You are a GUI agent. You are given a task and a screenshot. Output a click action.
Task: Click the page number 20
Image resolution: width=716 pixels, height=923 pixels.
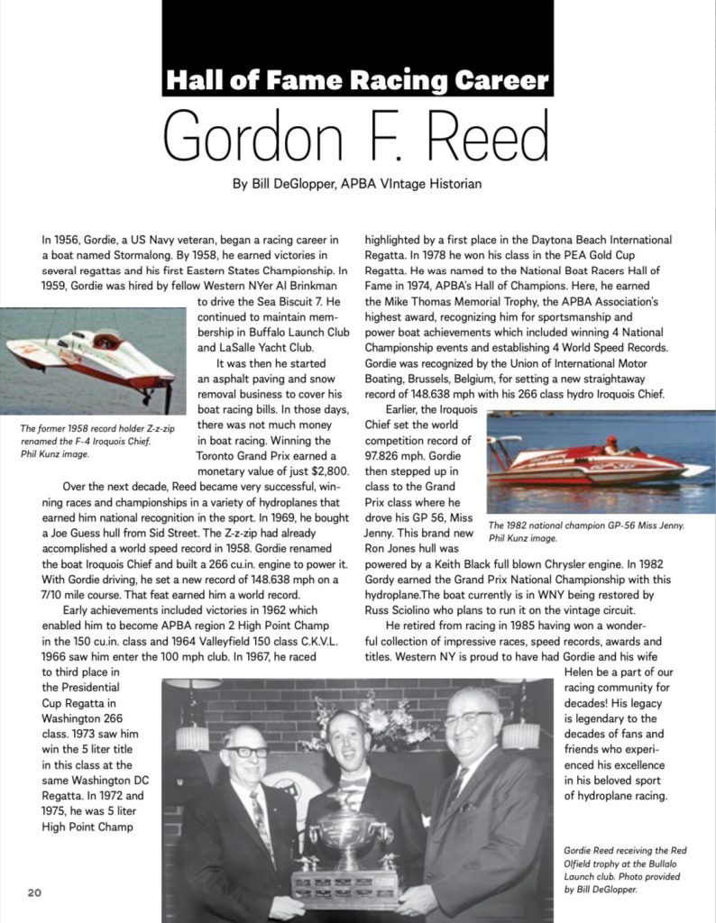tap(34, 892)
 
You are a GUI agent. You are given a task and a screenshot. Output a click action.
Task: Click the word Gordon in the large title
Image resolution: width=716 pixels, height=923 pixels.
tap(269, 136)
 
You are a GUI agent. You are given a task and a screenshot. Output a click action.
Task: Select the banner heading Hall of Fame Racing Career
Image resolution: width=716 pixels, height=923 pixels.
tap(357, 81)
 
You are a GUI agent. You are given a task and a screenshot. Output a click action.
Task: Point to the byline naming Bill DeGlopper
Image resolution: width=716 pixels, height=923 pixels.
tap(357, 184)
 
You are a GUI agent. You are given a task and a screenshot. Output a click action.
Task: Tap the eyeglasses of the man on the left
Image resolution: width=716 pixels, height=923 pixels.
tap(246, 753)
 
